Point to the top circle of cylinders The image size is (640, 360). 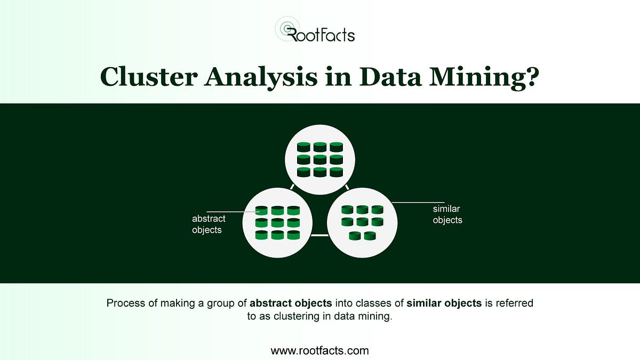point(319,159)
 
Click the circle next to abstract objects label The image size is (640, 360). point(277,223)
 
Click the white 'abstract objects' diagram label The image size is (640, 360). point(209,225)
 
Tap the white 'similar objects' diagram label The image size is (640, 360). point(447,214)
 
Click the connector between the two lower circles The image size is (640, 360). point(319,235)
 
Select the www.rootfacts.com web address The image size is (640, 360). point(319,350)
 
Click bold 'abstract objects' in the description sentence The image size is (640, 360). point(291,303)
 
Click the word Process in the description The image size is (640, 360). point(125,303)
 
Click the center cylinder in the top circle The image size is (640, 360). point(319,159)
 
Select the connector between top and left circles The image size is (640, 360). point(292,187)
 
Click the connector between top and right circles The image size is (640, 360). point(347,187)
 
